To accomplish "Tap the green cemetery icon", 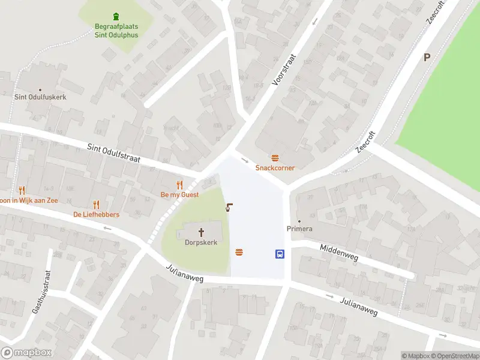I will pos(116,16).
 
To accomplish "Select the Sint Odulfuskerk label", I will pos(40,97).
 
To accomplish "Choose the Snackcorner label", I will pos(275,168).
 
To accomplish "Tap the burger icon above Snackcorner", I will pos(275,158).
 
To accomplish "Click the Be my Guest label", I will pos(179,195).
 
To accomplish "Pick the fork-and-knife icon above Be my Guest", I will pos(179,185).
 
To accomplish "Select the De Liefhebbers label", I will pos(96,215).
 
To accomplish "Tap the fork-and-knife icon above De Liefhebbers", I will pos(96,205).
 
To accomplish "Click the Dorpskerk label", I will pos(201,242).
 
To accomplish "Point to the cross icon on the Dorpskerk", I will pos(201,232).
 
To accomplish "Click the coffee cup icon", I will pos(229,208).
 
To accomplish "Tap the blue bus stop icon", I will pos(280,254).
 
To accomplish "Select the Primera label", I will pos(299,229).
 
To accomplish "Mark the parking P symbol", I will pos(427,58).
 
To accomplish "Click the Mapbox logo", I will pos(26,353).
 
